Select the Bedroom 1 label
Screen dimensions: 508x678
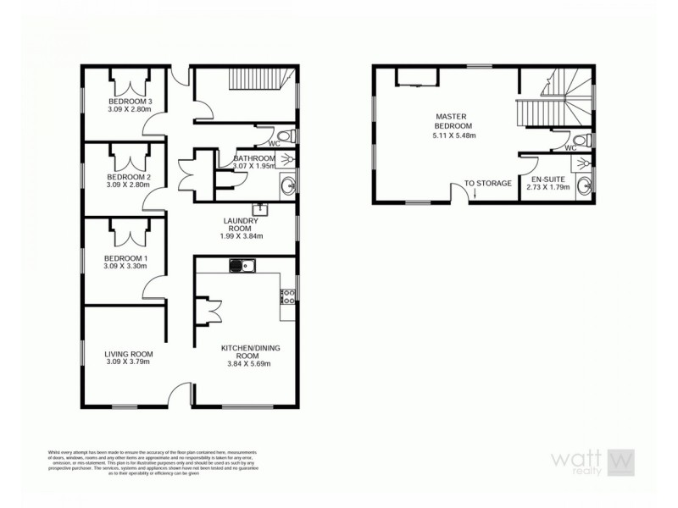point(125,258)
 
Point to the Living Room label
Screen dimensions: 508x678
point(128,354)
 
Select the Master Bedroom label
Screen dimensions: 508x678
point(452,120)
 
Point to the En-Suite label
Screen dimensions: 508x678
point(547,181)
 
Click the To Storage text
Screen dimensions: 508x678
point(487,183)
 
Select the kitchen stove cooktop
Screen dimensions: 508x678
point(287,296)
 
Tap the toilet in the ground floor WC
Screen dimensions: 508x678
point(284,135)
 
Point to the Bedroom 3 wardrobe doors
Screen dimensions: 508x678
point(129,86)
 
